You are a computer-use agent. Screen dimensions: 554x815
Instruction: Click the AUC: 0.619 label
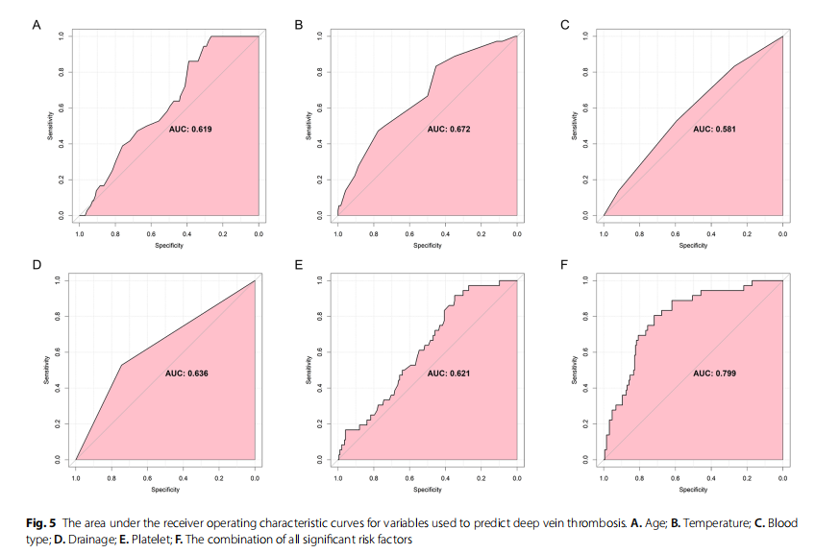click(189, 128)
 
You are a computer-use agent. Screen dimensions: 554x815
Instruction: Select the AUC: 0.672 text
click(449, 128)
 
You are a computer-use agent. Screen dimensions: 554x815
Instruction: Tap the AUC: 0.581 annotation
click(713, 128)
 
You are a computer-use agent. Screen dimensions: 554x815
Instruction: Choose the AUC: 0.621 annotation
click(448, 373)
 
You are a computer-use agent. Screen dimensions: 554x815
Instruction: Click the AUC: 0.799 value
click(714, 373)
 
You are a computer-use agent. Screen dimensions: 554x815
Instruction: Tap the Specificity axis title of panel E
click(427, 490)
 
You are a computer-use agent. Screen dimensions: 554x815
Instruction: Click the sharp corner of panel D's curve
click(122, 365)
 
